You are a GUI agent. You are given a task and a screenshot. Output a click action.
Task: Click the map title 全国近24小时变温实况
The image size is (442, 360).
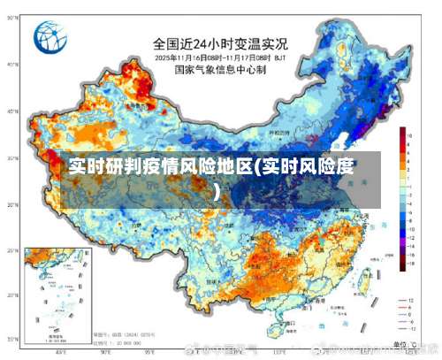tap(220, 42)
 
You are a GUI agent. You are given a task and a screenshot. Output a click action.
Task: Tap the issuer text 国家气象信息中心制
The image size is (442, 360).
tap(220, 69)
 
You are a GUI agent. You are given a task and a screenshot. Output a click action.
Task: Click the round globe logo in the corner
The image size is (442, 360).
tap(51, 38)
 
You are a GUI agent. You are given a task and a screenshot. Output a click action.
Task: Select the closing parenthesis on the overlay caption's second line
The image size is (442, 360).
tap(217, 188)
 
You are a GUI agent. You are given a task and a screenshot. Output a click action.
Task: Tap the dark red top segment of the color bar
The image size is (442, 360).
tap(403, 131)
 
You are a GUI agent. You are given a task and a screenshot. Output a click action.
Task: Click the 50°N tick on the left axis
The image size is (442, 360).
tap(12, 64)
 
